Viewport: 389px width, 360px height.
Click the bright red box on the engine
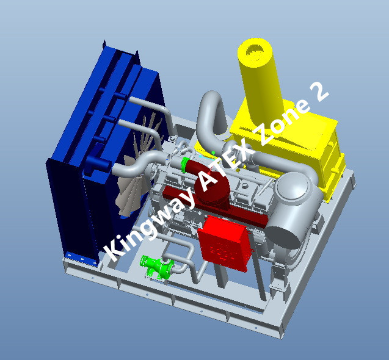pos(225,242)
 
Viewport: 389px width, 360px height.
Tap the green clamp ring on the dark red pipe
pos(184,165)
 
